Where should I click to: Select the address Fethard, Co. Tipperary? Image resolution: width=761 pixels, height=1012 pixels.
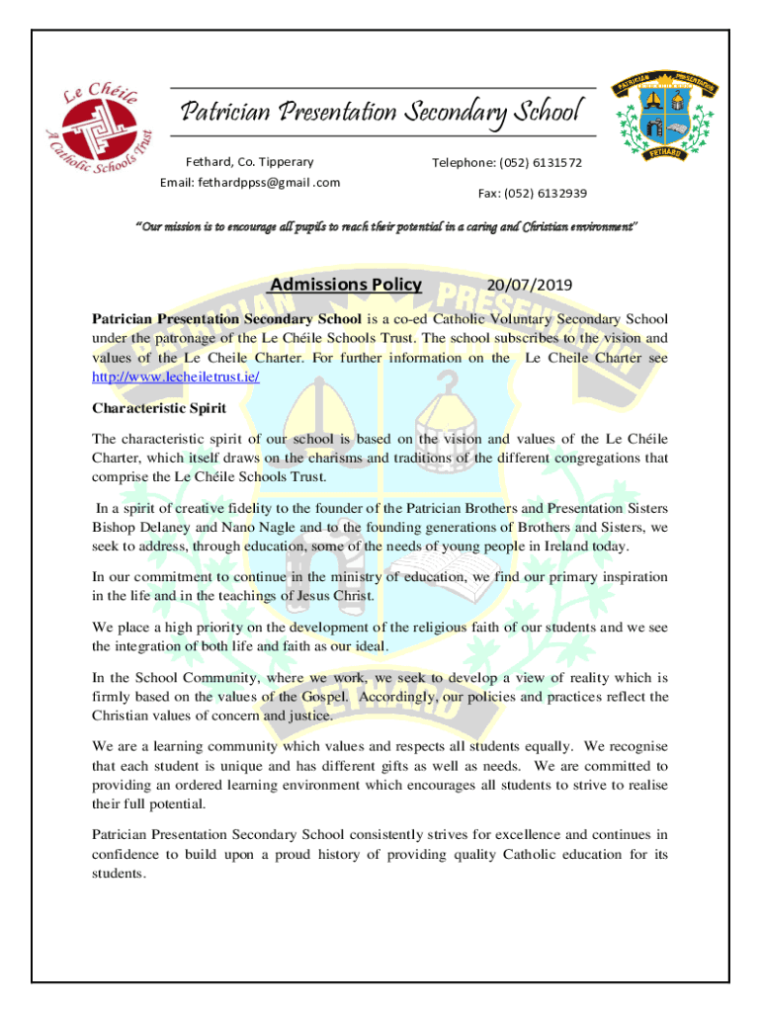250,161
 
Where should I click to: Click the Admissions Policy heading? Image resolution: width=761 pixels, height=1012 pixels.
346,286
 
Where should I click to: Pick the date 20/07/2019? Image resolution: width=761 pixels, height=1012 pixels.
529,287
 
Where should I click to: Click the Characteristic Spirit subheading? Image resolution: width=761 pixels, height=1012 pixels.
159,408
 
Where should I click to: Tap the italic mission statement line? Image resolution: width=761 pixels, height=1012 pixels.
386,228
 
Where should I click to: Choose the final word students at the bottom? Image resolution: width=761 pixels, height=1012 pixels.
119,875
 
